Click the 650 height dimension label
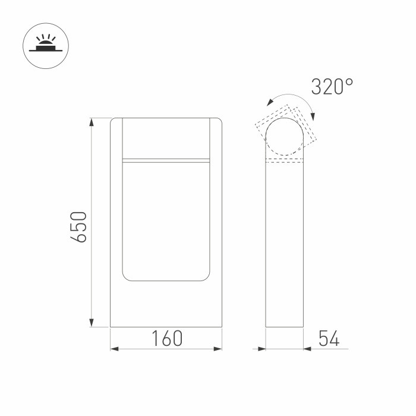[x=78, y=226]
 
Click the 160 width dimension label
[x=166, y=338]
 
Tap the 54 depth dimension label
[x=328, y=338]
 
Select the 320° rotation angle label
[x=332, y=87]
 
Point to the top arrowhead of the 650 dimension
[x=92, y=122]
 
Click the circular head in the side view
[x=284, y=137]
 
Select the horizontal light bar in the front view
[x=166, y=160]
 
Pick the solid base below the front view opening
[x=166, y=303]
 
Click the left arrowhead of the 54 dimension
[x=261, y=348]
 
